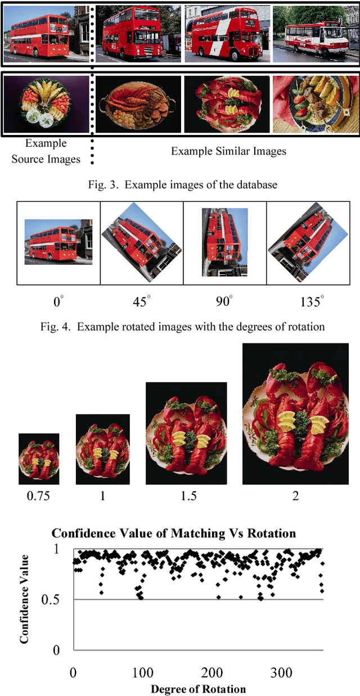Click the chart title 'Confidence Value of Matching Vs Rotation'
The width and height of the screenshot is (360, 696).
[173, 533]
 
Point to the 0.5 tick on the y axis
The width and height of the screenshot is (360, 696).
[50, 599]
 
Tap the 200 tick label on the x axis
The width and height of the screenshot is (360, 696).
[211, 672]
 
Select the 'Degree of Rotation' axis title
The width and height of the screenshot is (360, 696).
[199, 689]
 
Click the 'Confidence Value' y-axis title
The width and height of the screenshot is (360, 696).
[24, 599]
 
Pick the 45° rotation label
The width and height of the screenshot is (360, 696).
[141, 301]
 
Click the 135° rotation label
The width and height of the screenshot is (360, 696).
[312, 301]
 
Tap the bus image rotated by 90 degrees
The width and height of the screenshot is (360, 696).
[225, 242]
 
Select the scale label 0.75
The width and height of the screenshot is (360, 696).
[38, 496]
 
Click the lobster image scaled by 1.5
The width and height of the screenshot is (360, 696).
[186, 433]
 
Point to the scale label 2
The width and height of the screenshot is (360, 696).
[295, 496]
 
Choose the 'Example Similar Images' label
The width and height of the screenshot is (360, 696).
[228, 151]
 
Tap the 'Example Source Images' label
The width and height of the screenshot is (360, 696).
[46, 151]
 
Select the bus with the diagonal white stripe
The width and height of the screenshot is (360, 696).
[227, 34]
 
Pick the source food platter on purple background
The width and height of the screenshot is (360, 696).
[46, 104]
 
